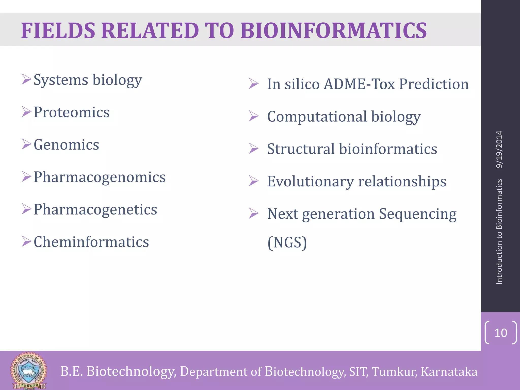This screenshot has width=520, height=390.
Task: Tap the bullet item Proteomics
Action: coord(71,112)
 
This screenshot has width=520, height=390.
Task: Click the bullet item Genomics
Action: coord(66,145)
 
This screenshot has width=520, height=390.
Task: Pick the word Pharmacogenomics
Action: coord(100,177)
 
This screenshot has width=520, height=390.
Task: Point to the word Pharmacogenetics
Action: coord(95,209)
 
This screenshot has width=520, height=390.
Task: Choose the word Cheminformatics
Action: coord(91,242)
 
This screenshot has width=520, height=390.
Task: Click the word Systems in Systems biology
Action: coord(61,80)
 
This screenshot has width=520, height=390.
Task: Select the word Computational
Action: coord(317,117)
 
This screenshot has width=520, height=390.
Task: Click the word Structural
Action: coord(301,149)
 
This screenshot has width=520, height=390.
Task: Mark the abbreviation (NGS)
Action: coord(287,242)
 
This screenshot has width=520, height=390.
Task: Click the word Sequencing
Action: coord(418,214)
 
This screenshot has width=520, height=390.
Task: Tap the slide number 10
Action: coord(501,333)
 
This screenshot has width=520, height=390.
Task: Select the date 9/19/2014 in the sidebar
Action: coord(499,149)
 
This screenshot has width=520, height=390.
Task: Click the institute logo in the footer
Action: coord(28,371)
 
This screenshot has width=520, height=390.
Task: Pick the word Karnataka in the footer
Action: coord(449,372)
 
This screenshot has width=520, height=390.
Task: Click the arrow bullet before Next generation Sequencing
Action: coord(253,213)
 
